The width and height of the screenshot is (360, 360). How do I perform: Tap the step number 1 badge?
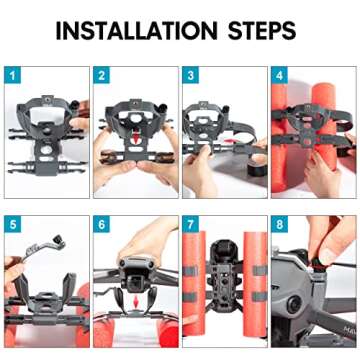[11, 75]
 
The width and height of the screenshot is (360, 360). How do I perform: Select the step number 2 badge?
[101, 75]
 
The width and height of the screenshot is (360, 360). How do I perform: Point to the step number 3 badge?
[190, 75]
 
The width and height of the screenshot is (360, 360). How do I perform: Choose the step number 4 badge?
[278, 75]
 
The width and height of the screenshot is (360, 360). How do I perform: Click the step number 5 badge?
[11, 223]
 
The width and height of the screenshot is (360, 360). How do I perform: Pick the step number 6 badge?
[101, 223]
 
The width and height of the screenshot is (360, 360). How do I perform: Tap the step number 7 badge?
[190, 223]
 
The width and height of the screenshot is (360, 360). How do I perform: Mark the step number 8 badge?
[278, 223]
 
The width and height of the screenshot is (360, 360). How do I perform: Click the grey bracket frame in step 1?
[45, 130]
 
